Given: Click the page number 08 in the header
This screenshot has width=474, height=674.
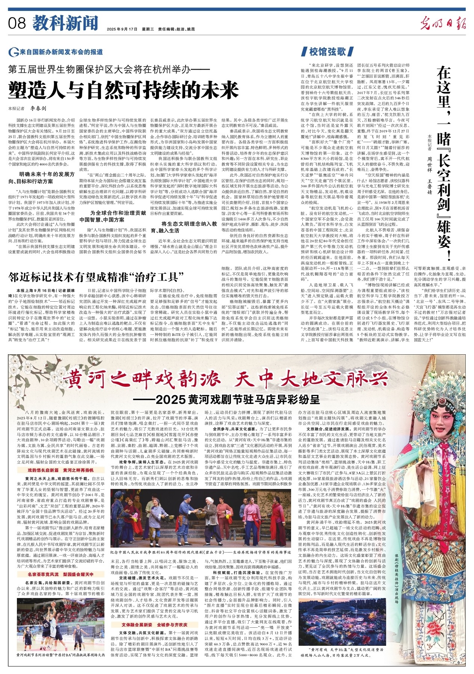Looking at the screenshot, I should [17, 24].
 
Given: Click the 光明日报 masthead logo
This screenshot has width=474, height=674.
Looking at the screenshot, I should [443, 23].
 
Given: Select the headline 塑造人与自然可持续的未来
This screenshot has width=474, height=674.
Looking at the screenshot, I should [124, 90].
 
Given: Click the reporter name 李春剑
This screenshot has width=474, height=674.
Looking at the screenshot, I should [38, 108].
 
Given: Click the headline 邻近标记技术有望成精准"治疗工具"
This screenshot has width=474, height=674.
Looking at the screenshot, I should [97, 278].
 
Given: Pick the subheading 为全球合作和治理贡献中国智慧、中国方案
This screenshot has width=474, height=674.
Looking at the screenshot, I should [113, 216].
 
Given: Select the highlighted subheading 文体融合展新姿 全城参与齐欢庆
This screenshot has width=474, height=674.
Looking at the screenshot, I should [154, 625].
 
